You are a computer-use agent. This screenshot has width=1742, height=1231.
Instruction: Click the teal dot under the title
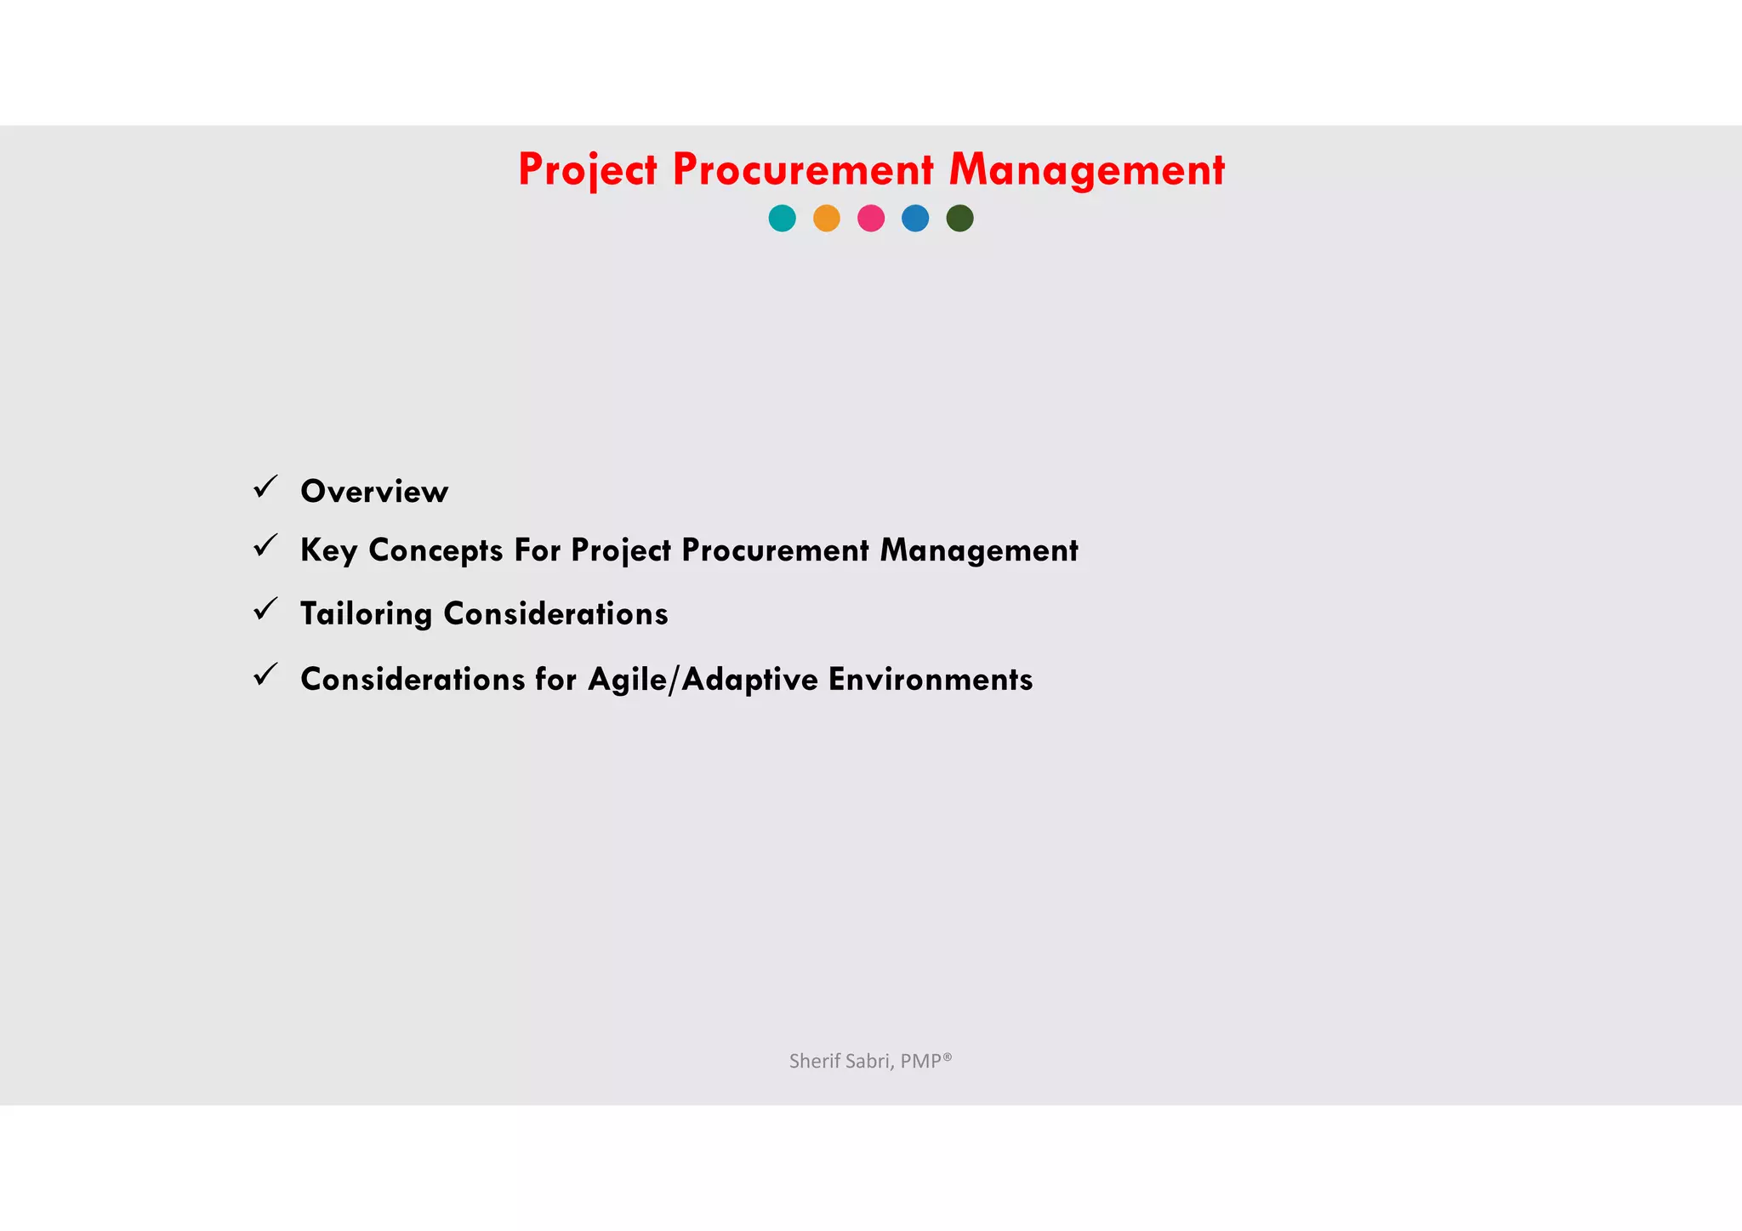coord(782,219)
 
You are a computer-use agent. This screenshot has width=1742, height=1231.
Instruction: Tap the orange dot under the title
coord(827,219)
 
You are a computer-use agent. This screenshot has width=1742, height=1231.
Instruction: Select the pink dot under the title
coord(871,219)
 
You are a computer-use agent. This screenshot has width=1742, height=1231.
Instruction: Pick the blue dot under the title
coord(915,219)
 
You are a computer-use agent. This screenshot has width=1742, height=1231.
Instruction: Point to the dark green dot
coord(959,219)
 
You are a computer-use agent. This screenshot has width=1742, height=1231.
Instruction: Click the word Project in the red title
coord(588,169)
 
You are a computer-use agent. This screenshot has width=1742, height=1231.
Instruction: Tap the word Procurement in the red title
coord(803,169)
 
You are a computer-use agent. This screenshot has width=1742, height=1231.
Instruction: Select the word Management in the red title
coord(1087,169)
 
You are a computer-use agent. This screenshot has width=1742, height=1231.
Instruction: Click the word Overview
coord(374,492)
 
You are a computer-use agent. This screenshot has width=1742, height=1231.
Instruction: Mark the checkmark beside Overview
coord(265,487)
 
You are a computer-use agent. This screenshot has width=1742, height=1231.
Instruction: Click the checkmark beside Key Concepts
coord(265,545)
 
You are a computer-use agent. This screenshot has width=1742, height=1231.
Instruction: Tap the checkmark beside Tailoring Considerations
coord(265,609)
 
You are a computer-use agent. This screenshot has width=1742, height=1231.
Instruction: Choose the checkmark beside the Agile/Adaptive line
coord(265,675)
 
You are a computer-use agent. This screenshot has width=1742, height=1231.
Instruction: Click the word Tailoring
coord(366,614)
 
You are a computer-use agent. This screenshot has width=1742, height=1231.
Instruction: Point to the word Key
coord(328,550)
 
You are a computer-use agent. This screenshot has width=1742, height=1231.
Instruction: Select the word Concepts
coord(435,550)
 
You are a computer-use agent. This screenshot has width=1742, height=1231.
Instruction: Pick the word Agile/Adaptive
coord(703,680)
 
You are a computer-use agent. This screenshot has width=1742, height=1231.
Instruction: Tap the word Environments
coord(931,680)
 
